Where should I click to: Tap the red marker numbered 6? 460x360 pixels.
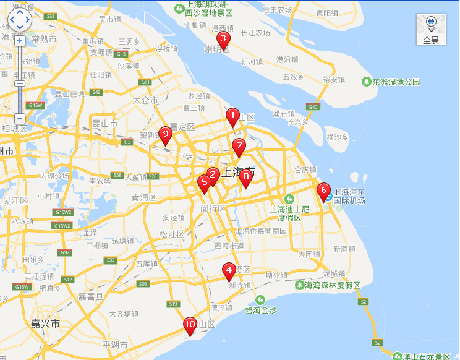[323, 191]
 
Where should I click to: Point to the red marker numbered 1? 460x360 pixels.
[232, 116]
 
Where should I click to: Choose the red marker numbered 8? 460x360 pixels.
[245, 177]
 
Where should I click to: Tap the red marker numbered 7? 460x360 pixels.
[239, 146]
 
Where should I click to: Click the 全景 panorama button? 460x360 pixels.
[431, 29]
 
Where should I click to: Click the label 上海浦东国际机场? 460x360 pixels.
[349, 196]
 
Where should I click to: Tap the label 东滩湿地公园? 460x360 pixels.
[396, 82]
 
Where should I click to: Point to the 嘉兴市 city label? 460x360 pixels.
[46, 324]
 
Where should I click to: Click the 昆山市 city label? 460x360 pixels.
[105, 123]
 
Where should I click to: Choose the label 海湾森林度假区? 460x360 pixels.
[332, 285]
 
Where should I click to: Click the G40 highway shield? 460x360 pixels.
[314, 107]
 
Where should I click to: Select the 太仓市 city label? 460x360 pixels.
[146, 100]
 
